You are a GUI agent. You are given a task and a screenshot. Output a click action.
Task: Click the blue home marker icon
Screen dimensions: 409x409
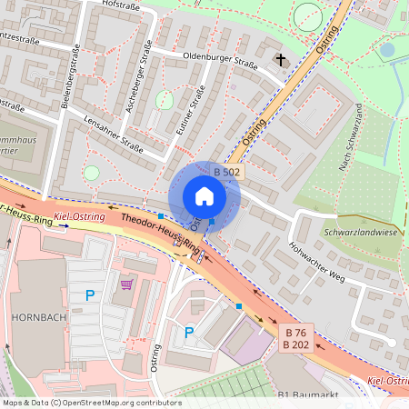point(204,196)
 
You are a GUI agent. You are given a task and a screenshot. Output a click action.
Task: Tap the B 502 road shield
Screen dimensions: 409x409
point(227,172)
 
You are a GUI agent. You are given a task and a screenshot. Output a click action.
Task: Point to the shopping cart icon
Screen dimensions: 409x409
point(126,284)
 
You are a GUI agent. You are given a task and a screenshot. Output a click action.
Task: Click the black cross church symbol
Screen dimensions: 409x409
point(281,62)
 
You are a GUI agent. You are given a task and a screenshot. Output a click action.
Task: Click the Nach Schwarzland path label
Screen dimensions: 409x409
point(351,137)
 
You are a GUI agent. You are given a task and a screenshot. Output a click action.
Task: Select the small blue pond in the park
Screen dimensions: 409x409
point(387,50)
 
